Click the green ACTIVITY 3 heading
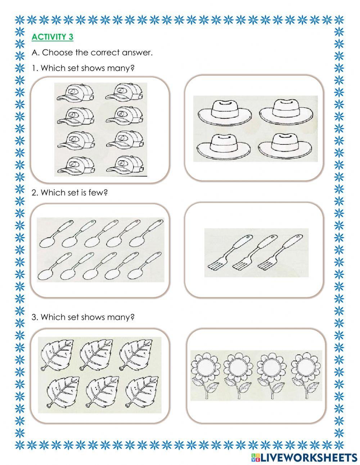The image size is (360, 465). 52,37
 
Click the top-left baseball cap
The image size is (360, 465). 76,93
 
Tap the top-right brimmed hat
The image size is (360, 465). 286,111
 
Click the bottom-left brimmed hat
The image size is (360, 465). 224,145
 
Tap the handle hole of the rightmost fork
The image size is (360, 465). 298,237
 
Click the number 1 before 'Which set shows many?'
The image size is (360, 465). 34,68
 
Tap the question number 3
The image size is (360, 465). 34,317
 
